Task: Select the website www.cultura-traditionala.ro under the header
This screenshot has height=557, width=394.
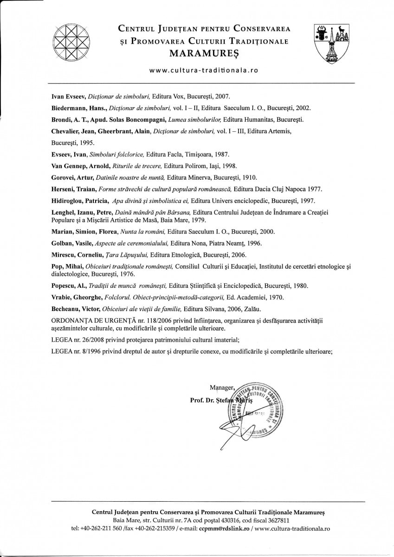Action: [x=203, y=70]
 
